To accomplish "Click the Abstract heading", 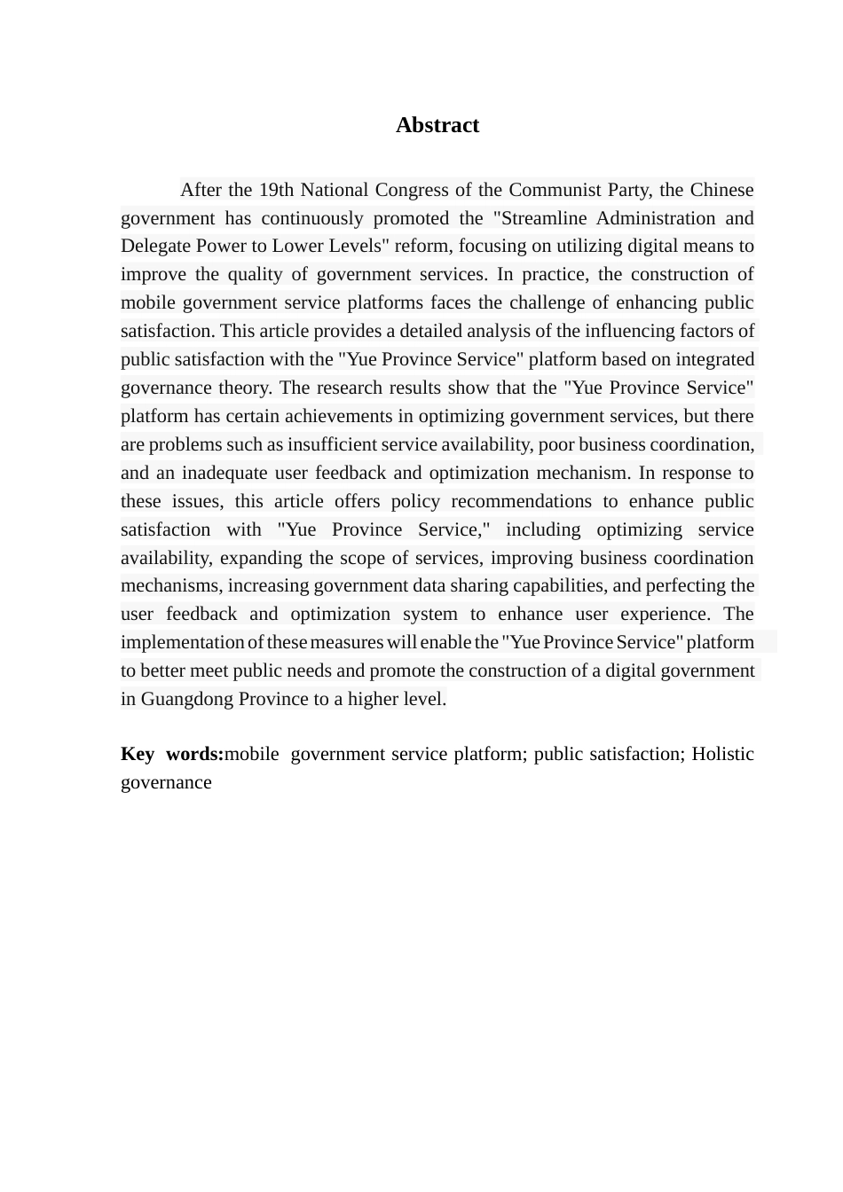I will [x=437, y=125].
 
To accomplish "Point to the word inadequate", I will [x=223, y=473].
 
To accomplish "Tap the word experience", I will [x=663, y=614].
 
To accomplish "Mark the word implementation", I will [x=183, y=642].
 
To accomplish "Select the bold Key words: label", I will [x=172, y=754].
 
